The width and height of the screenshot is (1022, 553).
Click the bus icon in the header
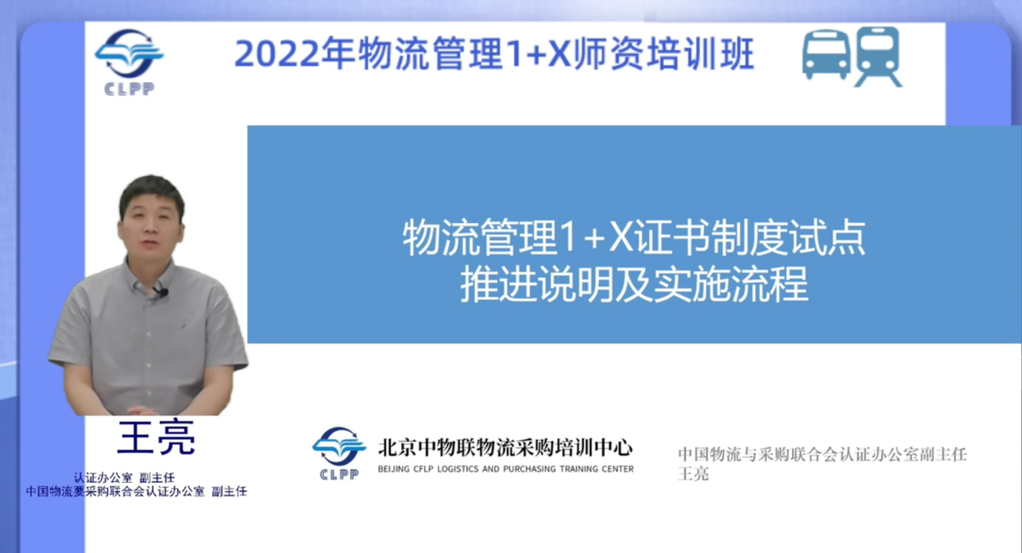coord(825,54)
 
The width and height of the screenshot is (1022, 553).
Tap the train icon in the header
coord(877,56)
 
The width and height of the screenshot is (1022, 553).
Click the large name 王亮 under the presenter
coord(155,439)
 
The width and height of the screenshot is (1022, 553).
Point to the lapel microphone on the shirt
coord(162,291)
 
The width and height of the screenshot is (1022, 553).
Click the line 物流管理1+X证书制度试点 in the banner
coord(634,238)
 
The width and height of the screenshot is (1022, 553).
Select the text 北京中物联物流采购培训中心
coord(505,446)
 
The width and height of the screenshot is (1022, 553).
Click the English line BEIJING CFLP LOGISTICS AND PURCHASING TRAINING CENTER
coord(505,468)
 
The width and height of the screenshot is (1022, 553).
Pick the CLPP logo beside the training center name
coord(339,452)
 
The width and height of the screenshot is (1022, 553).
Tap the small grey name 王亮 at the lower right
coord(694,474)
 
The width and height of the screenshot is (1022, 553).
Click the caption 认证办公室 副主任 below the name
coord(124,477)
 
